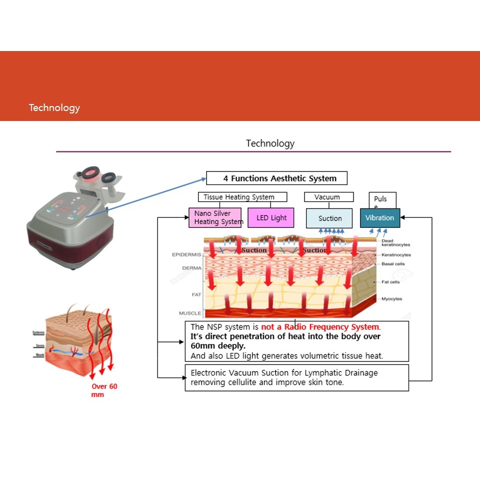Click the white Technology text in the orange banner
click(x=54, y=107)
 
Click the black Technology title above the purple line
click(x=270, y=143)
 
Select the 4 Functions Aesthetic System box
click(x=276, y=178)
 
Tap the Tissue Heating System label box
click(x=242, y=197)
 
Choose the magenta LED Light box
click(x=271, y=217)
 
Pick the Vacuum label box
click(x=328, y=197)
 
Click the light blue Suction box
click(x=330, y=218)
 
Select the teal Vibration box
click(x=379, y=217)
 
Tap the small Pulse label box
click(x=382, y=200)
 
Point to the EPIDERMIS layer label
click(x=186, y=254)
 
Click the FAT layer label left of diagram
click(x=196, y=294)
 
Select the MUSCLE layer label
click(x=190, y=313)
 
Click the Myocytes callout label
click(x=391, y=299)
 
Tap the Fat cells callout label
click(x=390, y=282)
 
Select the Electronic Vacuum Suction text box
click(x=296, y=377)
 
